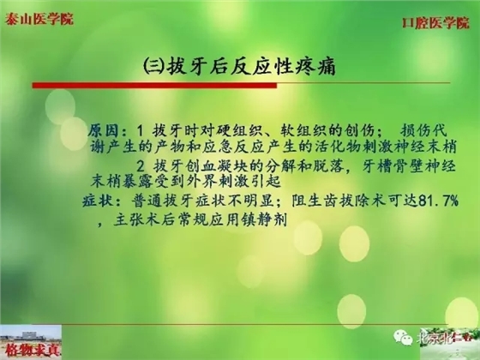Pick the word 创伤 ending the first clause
pyautogui.click(x=363, y=130)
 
